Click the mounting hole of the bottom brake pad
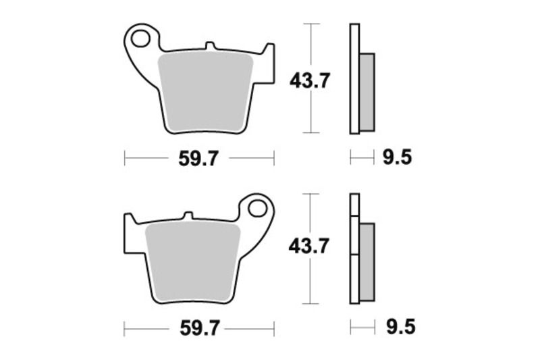tap(257, 207)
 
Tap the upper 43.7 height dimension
tap(310, 82)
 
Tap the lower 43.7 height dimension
tap(309, 247)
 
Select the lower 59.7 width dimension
tap(199, 329)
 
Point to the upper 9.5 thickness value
tap(397, 159)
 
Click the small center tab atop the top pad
tap(210, 47)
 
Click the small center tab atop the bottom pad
tap(190, 217)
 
